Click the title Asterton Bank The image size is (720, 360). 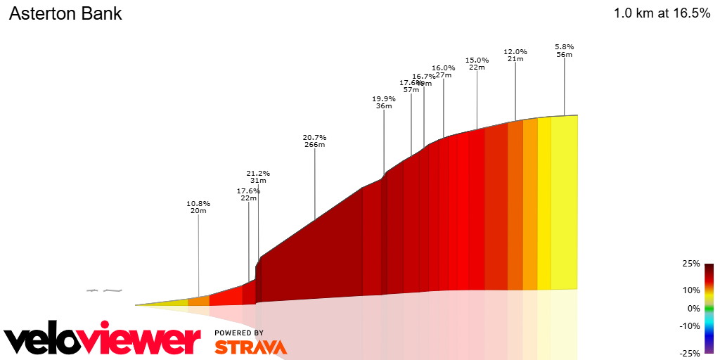65,13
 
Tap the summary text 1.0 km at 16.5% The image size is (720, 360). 662,13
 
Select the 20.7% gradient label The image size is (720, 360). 314,137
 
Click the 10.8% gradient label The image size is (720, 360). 198,203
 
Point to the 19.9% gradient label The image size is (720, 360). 384,98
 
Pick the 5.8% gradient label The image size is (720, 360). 564,46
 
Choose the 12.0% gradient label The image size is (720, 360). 515,51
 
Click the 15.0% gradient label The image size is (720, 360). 477,60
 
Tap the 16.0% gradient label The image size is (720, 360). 444,67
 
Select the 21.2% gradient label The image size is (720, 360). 258,173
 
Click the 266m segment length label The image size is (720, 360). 314,145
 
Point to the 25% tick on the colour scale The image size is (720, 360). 691,264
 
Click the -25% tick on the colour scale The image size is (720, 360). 690,353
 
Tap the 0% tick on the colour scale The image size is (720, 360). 693,308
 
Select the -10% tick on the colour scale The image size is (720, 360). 690,326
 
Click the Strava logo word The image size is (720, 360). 250,347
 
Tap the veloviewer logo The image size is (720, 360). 102,340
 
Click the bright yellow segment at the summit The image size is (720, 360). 564,204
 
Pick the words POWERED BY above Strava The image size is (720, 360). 239,333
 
